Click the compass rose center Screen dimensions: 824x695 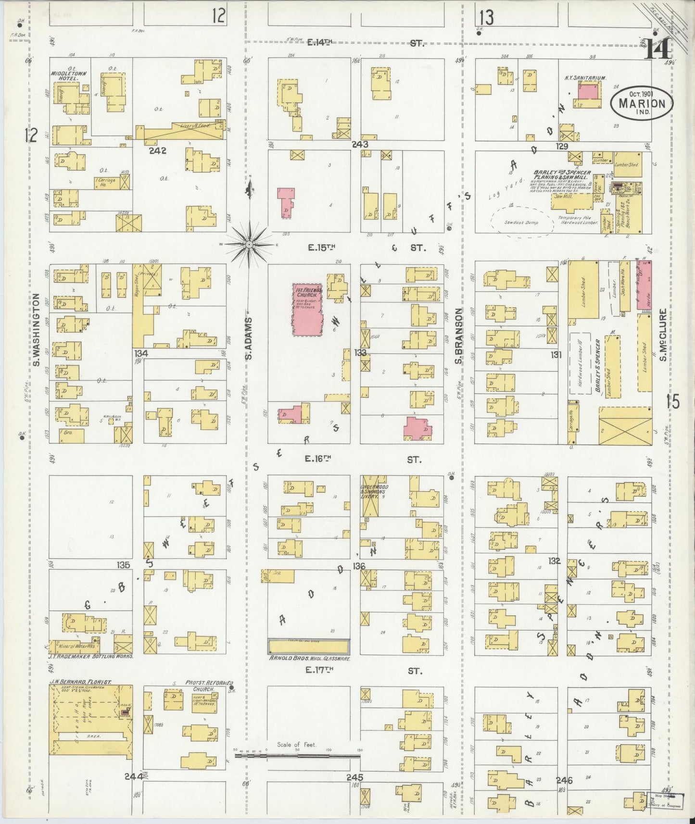250,245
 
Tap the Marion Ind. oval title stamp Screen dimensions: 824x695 642,102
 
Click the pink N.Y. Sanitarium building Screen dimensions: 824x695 589,90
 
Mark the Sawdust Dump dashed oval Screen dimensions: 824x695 521,222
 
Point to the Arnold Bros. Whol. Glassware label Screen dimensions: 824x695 308,659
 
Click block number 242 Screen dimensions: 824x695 157,150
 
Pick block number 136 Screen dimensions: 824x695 359,566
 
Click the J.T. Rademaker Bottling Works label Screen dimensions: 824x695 91,656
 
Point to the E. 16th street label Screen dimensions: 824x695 319,460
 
